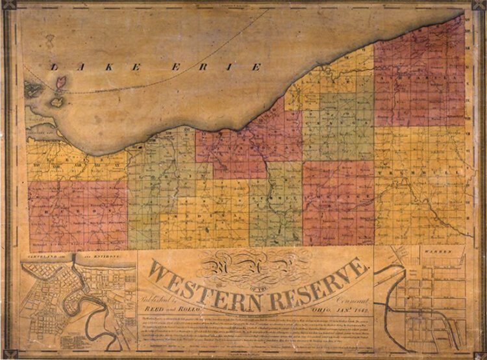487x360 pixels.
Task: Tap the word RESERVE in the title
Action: [x=318, y=282]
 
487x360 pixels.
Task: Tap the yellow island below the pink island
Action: [x=56, y=101]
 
